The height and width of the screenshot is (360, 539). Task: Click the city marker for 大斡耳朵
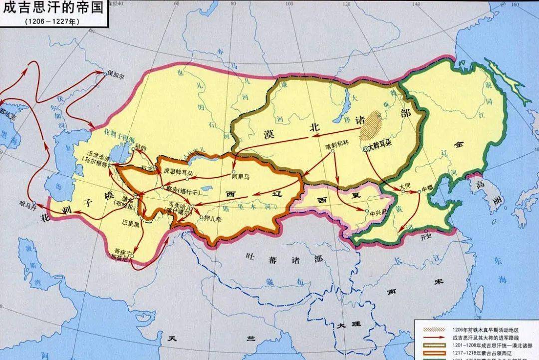pyautogui.click(x=365, y=149)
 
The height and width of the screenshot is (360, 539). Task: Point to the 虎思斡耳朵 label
pyautogui.click(x=178, y=170)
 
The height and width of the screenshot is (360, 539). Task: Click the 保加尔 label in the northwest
pyautogui.click(x=116, y=72)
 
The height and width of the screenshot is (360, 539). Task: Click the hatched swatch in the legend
pyautogui.click(x=434, y=330)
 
